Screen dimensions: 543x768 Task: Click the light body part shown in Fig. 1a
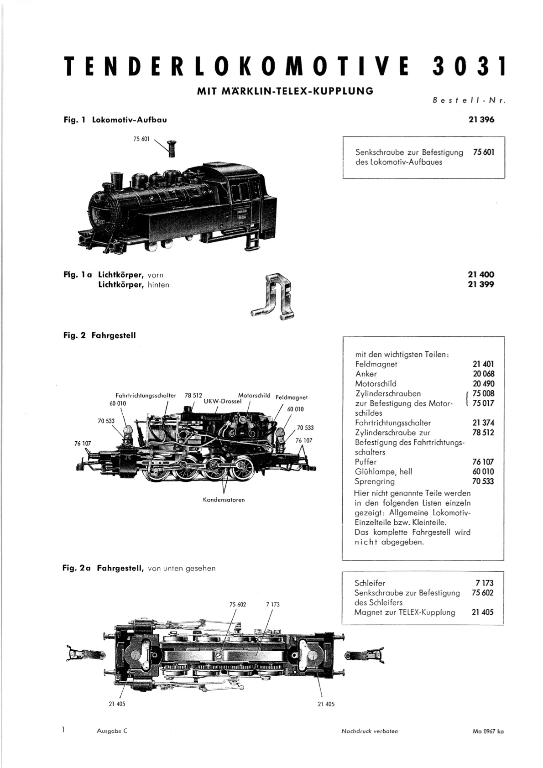click(273, 296)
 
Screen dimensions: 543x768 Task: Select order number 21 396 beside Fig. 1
click(481, 120)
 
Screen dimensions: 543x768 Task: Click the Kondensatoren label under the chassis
click(224, 500)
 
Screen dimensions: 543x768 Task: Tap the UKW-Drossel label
click(223, 401)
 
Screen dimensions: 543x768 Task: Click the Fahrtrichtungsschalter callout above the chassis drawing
click(146, 395)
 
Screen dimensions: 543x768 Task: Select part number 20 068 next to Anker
click(483, 374)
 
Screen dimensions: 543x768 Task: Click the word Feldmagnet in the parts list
click(376, 364)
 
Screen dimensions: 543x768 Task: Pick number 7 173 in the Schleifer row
click(485, 583)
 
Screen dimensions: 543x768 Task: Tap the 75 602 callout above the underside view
click(238, 605)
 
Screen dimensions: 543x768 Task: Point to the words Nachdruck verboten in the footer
click(370, 731)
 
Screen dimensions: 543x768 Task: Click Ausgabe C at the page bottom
click(112, 731)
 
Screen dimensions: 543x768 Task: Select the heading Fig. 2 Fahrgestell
click(99, 335)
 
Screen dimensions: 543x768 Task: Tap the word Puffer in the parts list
click(366, 462)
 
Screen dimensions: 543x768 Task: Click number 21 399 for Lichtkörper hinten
click(481, 284)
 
